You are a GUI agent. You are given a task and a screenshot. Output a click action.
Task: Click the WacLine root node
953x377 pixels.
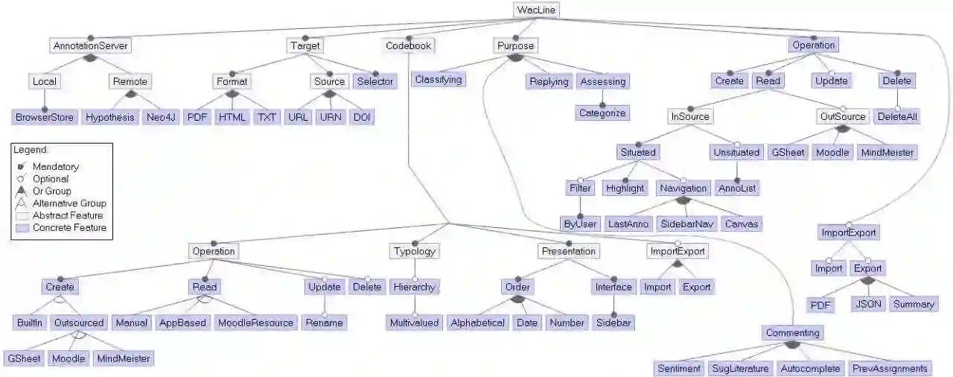click(x=536, y=10)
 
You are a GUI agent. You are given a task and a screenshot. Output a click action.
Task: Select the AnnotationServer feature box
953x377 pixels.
click(x=91, y=45)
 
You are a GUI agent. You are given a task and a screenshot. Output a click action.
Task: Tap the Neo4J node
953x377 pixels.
click(x=161, y=117)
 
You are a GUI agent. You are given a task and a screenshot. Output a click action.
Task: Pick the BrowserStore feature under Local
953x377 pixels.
click(x=45, y=117)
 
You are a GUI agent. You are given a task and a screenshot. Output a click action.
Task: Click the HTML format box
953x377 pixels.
click(x=232, y=117)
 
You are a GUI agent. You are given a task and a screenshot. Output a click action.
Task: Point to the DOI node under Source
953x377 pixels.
click(x=362, y=117)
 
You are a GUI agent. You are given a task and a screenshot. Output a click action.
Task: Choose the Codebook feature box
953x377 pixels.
click(x=409, y=45)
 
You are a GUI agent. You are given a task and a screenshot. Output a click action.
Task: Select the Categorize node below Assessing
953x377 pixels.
click(x=602, y=113)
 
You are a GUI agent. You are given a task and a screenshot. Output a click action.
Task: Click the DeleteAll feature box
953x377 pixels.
click(x=897, y=117)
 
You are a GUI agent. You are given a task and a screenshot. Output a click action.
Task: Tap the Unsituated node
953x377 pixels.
click(x=736, y=152)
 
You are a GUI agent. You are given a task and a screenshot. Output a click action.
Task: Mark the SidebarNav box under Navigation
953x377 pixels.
click(x=677, y=224)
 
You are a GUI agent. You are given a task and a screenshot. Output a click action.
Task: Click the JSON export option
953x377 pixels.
click(x=867, y=304)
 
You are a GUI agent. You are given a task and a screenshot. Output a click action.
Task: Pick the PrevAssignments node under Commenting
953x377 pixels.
click(x=890, y=368)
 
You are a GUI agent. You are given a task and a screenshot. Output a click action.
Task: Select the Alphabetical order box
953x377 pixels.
click(x=478, y=323)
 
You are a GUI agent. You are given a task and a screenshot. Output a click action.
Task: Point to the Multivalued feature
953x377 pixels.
click(x=414, y=323)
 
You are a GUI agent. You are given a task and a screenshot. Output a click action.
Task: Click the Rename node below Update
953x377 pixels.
click(x=324, y=323)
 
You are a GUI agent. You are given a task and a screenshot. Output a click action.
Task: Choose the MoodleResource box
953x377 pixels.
click(x=255, y=323)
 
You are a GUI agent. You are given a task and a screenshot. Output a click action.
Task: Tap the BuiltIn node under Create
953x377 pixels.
click(x=31, y=323)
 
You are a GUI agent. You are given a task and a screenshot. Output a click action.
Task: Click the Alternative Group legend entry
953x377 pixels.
click(x=69, y=203)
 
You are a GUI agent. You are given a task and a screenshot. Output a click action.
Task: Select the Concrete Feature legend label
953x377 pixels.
click(x=69, y=227)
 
